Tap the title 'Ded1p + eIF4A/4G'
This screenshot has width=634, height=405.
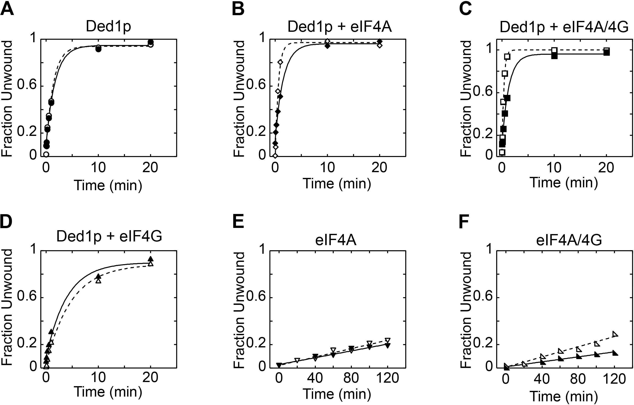pos(564,27)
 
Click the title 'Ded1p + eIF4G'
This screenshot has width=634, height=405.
pos(109,236)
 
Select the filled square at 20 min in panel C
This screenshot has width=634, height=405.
pos(607,52)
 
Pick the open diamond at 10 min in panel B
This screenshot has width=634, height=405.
pos(327,41)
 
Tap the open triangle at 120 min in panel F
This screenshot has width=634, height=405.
pos(615,334)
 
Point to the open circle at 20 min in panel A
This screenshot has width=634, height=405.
pos(150,45)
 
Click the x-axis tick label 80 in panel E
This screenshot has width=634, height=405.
pos(351,378)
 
